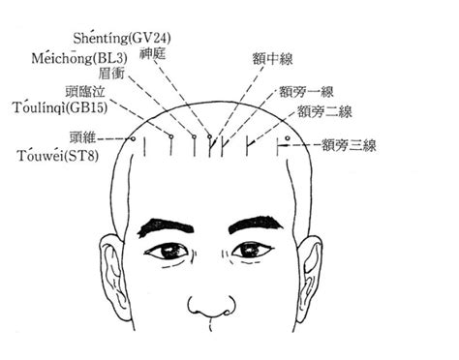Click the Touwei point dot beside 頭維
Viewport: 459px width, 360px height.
132,139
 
